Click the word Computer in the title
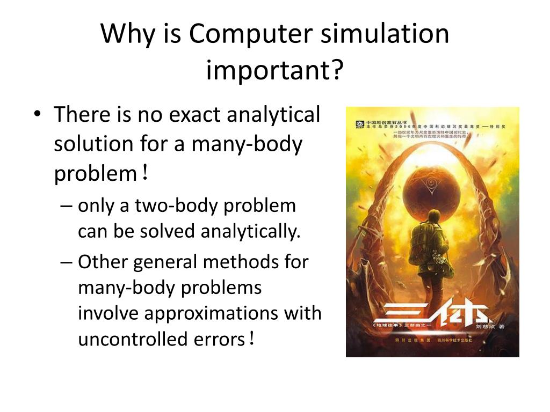click(x=249, y=35)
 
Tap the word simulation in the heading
click(x=385, y=34)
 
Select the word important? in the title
click(x=274, y=70)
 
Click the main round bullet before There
click(x=37, y=115)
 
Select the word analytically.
click(x=250, y=231)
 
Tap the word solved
click(x=170, y=231)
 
